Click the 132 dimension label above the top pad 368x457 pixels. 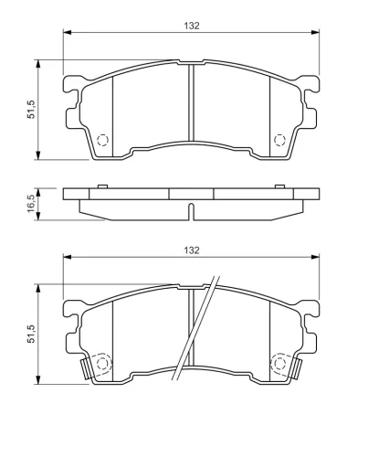click(x=192, y=26)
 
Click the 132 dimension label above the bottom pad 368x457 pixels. click(x=192, y=250)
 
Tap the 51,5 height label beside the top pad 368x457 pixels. click(x=31, y=109)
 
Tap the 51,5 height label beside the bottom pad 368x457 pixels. click(x=31, y=334)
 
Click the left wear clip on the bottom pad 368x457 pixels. click(x=86, y=369)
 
